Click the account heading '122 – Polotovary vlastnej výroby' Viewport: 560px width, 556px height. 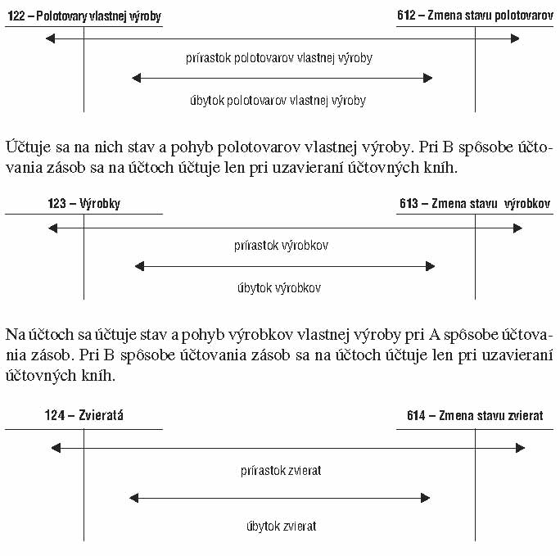click(x=84, y=16)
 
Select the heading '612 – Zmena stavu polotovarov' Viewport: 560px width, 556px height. click(x=476, y=16)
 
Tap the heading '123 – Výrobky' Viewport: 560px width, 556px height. click(x=84, y=203)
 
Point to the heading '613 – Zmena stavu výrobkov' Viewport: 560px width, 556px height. click(x=475, y=203)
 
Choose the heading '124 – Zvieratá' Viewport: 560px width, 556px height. click(x=84, y=415)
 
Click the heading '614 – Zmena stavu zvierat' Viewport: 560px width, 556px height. click(x=475, y=415)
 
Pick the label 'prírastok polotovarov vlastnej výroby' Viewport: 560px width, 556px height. click(x=279, y=58)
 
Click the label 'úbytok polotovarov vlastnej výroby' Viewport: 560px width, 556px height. click(x=278, y=101)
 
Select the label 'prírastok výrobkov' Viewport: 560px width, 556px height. click(x=281, y=246)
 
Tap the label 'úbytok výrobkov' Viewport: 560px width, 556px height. click(x=279, y=287)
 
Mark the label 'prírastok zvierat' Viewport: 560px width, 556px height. click(x=281, y=471)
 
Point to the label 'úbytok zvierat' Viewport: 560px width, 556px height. click(x=282, y=526)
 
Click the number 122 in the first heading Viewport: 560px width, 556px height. click(x=16, y=16)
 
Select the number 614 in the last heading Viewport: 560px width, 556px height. click(x=416, y=415)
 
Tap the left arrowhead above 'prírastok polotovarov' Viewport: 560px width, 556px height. click(x=51, y=38)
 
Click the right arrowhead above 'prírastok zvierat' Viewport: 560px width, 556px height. click(x=521, y=448)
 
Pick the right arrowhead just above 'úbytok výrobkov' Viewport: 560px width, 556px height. click(x=431, y=266)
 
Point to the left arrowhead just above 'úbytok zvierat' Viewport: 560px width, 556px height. click(x=134, y=498)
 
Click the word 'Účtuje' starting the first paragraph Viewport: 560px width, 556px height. click(x=28, y=147)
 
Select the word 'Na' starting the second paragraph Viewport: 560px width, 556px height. click(x=16, y=335)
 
